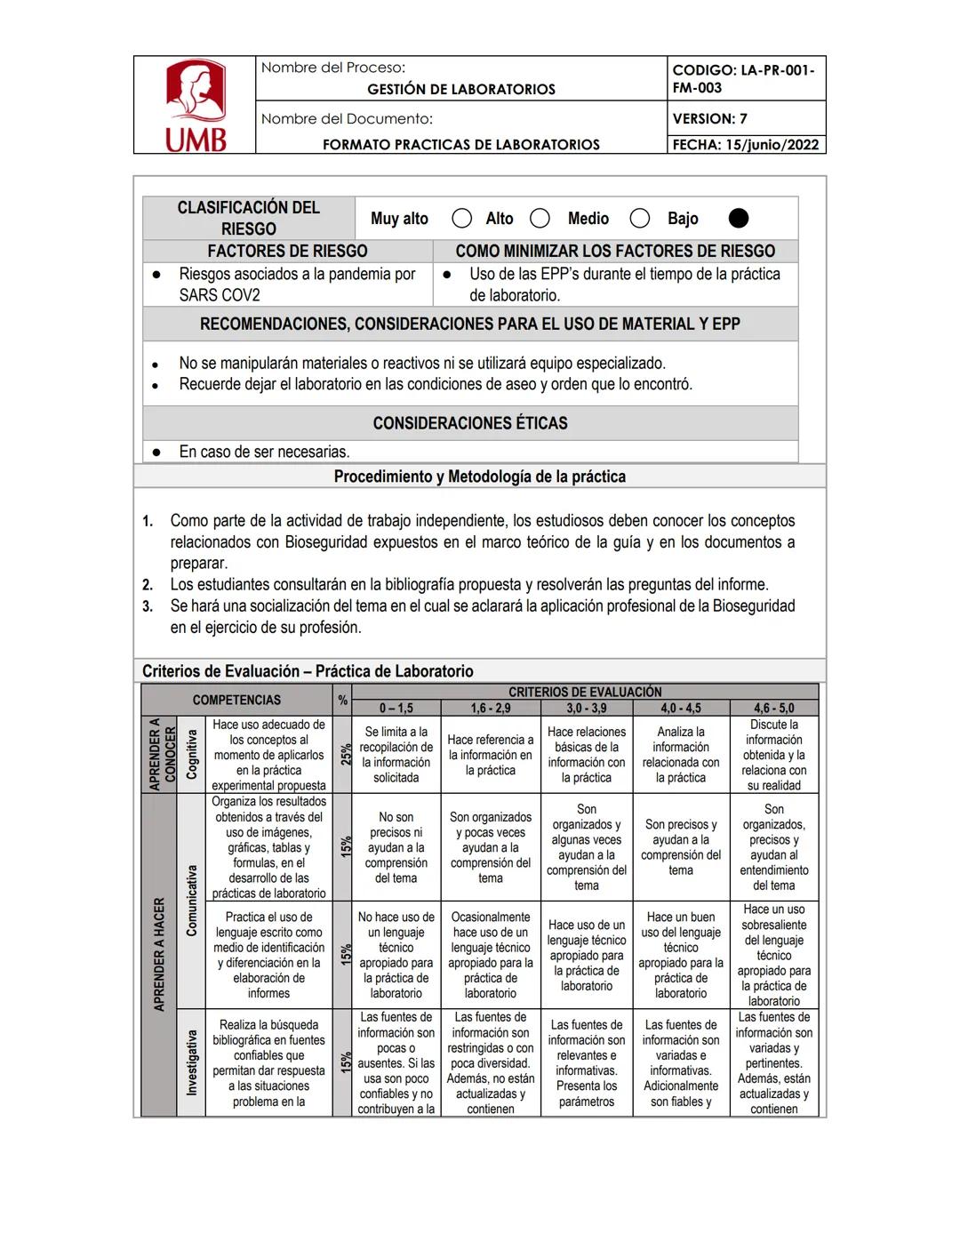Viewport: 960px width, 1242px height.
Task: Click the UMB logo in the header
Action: point(196,106)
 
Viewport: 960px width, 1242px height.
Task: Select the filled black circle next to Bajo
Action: point(738,219)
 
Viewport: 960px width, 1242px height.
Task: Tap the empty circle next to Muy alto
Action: point(461,219)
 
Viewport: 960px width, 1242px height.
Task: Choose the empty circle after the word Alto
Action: point(540,219)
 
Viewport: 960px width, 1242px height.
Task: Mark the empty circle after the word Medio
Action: point(639,219)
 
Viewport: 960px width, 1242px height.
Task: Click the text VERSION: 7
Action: point(709,118)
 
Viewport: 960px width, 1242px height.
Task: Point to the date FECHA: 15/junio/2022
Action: point(745,145)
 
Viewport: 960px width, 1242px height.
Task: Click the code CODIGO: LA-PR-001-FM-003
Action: point(743,78)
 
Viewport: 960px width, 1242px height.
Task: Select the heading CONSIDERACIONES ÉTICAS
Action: point(469,423)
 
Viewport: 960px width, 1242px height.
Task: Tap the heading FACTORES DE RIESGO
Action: point(287,252)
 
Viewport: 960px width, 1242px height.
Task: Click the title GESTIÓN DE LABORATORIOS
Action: point(460,89)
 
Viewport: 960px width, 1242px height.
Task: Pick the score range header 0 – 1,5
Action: point(396,709)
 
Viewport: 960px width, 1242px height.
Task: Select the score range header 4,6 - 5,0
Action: point(773,709)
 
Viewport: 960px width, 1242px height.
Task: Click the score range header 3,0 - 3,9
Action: point(586,709)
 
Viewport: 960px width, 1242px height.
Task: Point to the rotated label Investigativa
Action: point(191,1062)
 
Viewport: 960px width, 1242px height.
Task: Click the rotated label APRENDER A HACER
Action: point(159,954)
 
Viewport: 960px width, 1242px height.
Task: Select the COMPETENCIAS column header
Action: point(236,700)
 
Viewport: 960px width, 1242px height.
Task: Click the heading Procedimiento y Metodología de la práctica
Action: point(479,477)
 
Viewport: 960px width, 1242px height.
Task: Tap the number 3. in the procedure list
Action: point(148,606)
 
